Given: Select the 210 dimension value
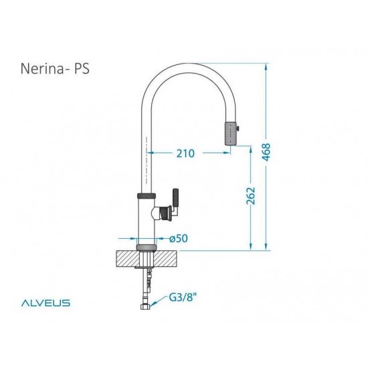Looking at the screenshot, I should tap(185, 153).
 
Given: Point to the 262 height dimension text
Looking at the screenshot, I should tap(252, 197).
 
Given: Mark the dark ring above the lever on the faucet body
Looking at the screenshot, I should tap(147, 195).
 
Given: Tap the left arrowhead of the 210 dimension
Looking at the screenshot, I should tap(151, 153).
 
